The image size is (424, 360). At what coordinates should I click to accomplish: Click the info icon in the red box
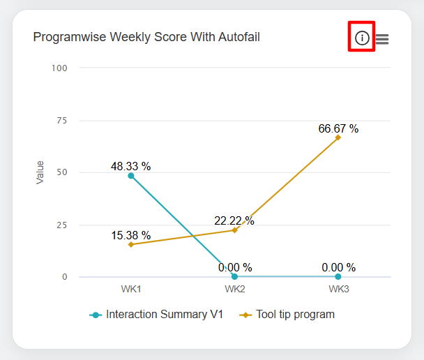(362, 38)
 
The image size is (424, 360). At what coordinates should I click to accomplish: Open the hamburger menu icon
(382, 40)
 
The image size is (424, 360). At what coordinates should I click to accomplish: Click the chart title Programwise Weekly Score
(146, 37)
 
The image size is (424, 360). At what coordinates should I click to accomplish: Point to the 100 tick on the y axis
(60, 68)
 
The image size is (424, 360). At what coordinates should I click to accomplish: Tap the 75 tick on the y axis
(62, 120)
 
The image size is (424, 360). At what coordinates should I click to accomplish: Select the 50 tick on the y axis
(62, 172)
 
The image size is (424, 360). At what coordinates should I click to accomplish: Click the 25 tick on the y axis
(62, 225)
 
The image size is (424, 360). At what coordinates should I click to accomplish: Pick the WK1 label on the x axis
(131, 289)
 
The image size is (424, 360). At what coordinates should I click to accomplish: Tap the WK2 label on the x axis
(234, 289)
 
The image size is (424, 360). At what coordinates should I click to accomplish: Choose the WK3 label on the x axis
(338, 289)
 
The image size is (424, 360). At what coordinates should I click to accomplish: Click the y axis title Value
(40, 172)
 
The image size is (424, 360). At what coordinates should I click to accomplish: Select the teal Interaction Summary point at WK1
(131, 176)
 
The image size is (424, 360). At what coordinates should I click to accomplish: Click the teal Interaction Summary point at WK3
(338, 277)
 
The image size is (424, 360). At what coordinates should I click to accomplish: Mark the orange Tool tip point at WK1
(131, 244)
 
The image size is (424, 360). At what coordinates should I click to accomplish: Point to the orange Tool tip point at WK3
(338, 137)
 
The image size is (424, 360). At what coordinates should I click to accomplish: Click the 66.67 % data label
(338, 128)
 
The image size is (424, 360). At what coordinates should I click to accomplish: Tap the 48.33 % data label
(131, 166)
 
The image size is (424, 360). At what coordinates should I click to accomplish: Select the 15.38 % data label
(131, 235)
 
